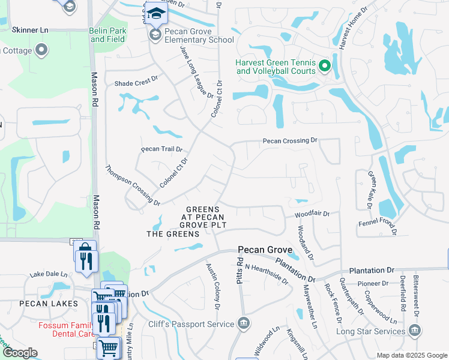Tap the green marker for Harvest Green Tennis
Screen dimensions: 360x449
point(325,66)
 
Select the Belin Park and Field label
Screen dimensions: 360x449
point(107,35)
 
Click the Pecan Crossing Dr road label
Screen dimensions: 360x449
point(289,140)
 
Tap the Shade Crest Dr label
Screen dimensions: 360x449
point(136,85)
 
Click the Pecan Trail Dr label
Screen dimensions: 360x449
point(161,149)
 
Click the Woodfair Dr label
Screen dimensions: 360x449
point(312,214)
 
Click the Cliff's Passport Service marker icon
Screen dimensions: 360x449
point(244,324)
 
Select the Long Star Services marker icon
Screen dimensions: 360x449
point(414,330)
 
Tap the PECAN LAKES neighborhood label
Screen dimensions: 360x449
point(48,304)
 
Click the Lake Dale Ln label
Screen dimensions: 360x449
point(48,274)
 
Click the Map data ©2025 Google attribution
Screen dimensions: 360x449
point(411,355)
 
